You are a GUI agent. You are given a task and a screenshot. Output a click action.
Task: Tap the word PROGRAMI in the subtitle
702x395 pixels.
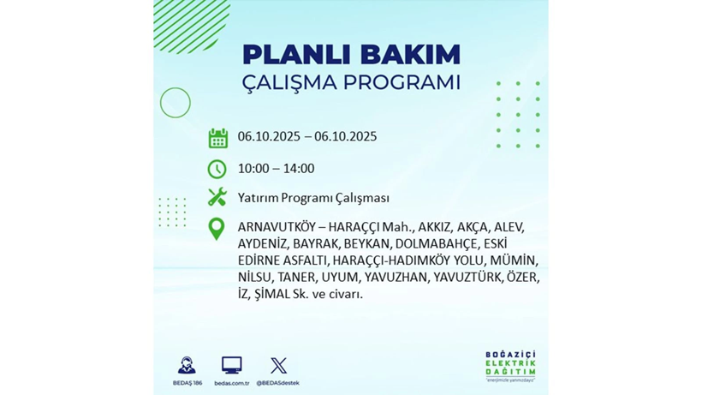pyautogui.click(x=402, y=83)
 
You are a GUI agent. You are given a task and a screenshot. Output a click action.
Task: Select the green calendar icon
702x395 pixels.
pyautogui.click(x=217, y=138)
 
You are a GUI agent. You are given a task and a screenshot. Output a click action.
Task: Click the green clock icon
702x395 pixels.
pyautogui.click(x=217, y=169)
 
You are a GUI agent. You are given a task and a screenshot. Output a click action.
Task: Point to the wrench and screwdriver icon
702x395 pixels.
pyautogui.click(x=217, y=197)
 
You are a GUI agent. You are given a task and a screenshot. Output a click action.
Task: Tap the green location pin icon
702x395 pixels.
pyautogui.click(x=217, y=229)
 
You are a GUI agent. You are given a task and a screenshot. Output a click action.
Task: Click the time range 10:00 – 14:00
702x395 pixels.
pyautogui.click(x=276, y=169)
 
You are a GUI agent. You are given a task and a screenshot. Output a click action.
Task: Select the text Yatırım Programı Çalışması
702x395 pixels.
pyautogui.click(x=313, y=198)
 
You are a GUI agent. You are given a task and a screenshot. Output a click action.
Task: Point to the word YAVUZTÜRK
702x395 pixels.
pyautogui.click(x=467, y=278)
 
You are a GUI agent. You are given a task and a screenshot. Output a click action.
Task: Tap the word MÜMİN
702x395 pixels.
pyautogui.click(x=521, y=260)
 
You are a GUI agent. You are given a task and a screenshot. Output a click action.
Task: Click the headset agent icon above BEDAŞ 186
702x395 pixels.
pyautogui.click(x=186, y=365)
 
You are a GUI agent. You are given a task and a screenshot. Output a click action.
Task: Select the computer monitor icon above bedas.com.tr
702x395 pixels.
pyautogui.click(x=231, y=365)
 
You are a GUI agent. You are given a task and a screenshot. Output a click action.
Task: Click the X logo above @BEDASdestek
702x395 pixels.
pyautogui.click(x=278, y=365)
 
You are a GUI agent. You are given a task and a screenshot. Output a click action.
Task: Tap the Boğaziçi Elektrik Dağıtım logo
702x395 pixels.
pyautogui.click(x=510, y=366)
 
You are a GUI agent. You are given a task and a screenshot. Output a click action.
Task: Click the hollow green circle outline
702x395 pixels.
pyautogui.click(x=175, y=103)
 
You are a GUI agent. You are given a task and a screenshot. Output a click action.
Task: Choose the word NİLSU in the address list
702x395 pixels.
pyautogui.click(x=255, y=278)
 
